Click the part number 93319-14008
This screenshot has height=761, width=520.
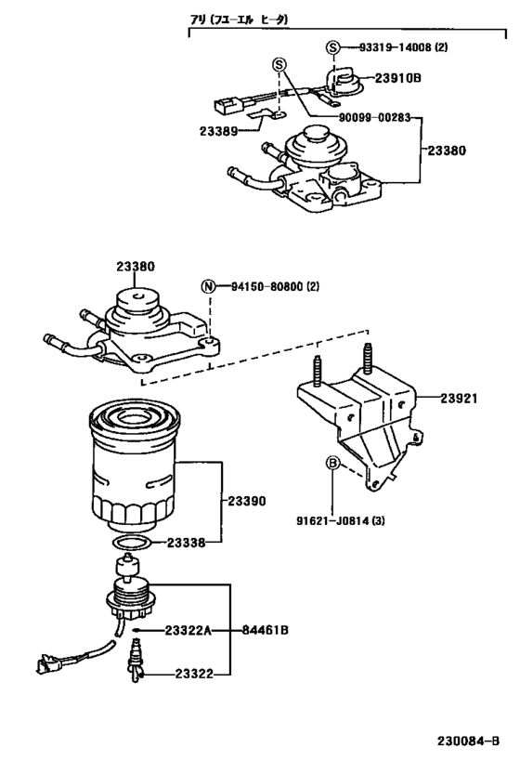click(x=391, y=46)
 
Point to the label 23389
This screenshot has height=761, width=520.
click(x=217, y=130)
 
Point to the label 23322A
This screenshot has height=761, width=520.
click(x=188, y=631)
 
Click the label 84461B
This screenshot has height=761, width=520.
click(x=266, y=631)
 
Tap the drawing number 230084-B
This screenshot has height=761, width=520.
click(x=468, y=741)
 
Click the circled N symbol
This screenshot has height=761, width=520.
click(x=211, y=286)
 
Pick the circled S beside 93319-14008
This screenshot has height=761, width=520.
click(x=332, y=46)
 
